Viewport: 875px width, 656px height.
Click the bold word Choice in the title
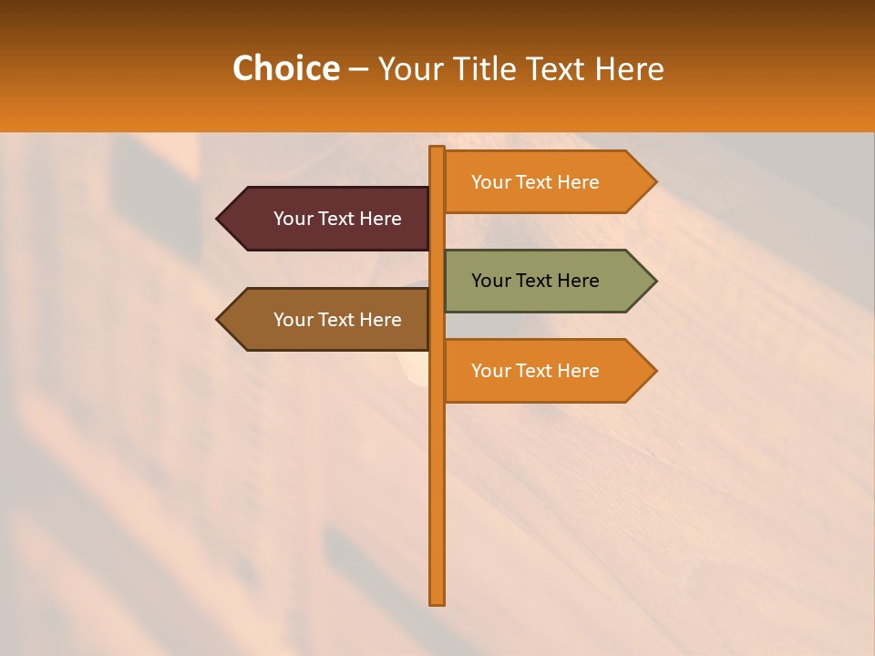pyautogui.click(x=285, y=68)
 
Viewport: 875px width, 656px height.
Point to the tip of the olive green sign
pyautogui.click(x=654, y=281)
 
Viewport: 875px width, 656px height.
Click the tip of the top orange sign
pyautogui.click(x=654, y=182)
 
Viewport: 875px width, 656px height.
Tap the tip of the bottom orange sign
pyautogui.click(x=654, y=371)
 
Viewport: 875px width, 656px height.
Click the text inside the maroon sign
pyautogui.click(x=337, y=219)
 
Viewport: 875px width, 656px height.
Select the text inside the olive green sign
pyautogui.click(x=535, y=281)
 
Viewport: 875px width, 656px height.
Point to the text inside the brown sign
pyautogui.click(x=337, y=320)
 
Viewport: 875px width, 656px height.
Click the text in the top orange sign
pyautogui.click(x=535, y=182)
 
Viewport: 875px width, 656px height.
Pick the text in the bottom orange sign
pyautogui.click(x=535, y=371)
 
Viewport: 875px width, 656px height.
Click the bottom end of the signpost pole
pyautogui.click(x=437, y=600)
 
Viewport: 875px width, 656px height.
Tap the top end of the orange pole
pyautogui.click(x=437, y=149)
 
